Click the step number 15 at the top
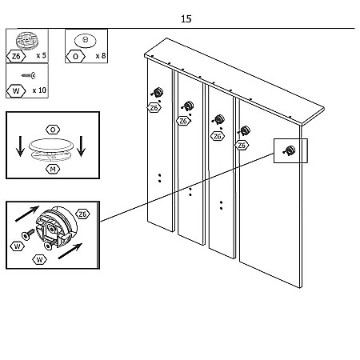coord(186,19)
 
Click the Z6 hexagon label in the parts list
coord(16,56)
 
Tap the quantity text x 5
coord(41,55)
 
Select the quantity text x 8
coord(101,56)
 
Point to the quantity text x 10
coord(39,90)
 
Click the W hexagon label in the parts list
coord(16,91)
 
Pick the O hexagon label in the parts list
coord(75,57)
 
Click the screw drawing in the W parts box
coord(29,75)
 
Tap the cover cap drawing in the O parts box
coord(85,41)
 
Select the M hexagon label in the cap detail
coord(53,169)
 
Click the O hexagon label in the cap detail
coord(53,130)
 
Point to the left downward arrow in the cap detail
coord(20,146)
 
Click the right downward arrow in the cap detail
coord(81,146)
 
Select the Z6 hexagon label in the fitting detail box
coord(82,214)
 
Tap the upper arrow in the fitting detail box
coord(27,214)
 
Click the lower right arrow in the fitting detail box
coord(70,251)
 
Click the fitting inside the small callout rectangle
coord(290,150)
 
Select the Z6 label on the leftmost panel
coord(154,108)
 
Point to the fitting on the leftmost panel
coord(158,92)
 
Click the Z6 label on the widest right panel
coord(242,146)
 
